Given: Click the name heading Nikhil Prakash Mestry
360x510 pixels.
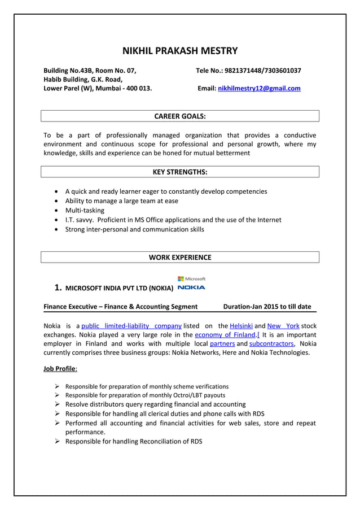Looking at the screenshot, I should (180, 51).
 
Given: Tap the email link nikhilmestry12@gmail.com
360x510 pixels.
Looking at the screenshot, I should (259, 89).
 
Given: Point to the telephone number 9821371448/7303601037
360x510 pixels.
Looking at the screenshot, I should (262, 71).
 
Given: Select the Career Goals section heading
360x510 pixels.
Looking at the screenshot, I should (180, 116).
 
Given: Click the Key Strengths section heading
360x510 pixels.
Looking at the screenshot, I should (180, 172).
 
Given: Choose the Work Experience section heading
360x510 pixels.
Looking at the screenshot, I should (180, 258).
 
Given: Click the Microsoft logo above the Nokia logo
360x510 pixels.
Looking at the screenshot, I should (191, 278).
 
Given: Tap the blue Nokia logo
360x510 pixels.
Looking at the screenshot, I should (191, 287).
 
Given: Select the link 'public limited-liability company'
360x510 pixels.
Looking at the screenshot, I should (131, 326).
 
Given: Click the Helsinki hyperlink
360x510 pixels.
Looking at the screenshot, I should (239, 326).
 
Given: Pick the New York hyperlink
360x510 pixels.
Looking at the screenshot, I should (283, 326).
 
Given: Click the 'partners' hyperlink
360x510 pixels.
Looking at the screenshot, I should (222, 343).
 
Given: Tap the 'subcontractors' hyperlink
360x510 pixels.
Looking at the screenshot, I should (271, 343).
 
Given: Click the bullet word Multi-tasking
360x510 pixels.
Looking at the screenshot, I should (85, 211).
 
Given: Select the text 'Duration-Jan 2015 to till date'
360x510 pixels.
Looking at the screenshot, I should (267, 307).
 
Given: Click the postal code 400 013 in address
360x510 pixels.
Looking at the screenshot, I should (139, 89).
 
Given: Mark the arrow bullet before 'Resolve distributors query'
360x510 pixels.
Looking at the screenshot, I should (58, 404).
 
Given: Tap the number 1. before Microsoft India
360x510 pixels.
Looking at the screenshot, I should (58, 287).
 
